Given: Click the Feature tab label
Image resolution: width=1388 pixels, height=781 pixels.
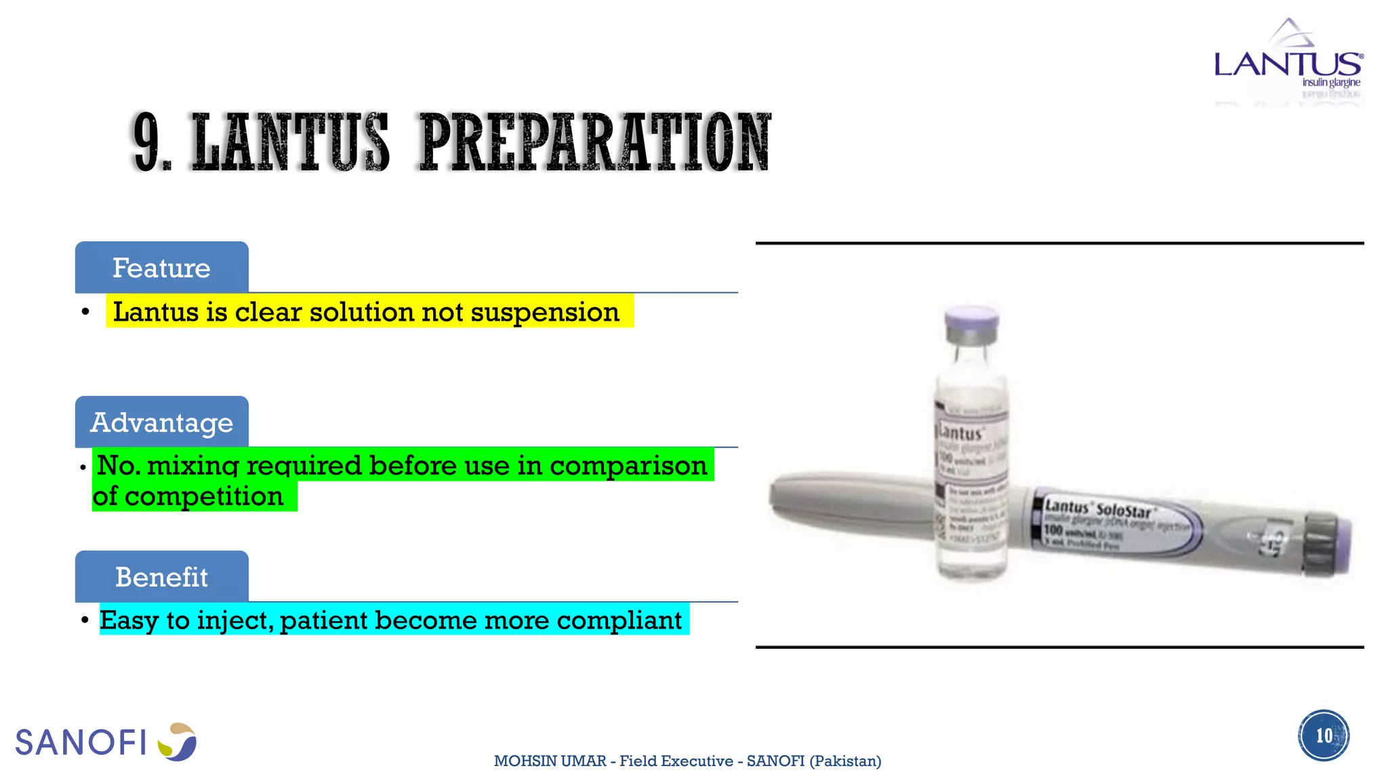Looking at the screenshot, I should pos(161,268).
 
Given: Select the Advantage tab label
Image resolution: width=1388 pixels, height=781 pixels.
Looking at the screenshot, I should pos(161,422).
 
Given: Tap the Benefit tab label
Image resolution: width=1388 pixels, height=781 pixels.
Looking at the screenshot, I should pos(161,577).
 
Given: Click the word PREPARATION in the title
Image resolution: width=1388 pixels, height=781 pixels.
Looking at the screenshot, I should pos(595,142).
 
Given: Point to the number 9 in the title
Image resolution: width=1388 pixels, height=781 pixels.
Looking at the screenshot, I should pos(147,142).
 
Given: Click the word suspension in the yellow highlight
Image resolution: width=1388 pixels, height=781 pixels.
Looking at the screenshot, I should pos(545,312).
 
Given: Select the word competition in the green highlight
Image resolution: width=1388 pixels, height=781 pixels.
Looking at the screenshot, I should pos(203,496).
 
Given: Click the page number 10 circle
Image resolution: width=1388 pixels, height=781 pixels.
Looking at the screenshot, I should pos(1324,736).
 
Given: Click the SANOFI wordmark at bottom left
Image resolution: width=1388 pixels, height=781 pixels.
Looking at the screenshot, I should pos(81,742).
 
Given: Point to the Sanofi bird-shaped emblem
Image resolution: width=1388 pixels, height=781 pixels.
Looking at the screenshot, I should pos(178,742).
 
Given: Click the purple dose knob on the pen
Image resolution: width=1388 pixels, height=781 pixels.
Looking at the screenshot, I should pos(1341,546).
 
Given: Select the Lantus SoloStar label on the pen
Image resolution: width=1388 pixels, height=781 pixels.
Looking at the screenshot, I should pos(1098,508).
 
